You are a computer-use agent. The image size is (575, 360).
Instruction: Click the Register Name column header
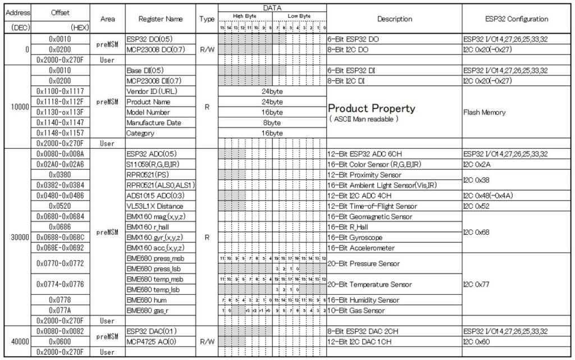(x=161, y=19)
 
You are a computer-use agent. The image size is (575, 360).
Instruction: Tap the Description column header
(x=394, y=19)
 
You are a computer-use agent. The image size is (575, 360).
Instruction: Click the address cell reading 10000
(x=16, y=107)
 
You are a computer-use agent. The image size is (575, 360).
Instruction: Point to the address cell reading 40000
(x=16, y=341)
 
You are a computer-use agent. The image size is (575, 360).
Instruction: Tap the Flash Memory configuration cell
(x=485, y=112)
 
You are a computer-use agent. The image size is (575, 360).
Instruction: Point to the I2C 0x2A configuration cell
(x=477, y=164)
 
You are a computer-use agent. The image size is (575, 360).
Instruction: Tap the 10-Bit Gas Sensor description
(x=357, y=310)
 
